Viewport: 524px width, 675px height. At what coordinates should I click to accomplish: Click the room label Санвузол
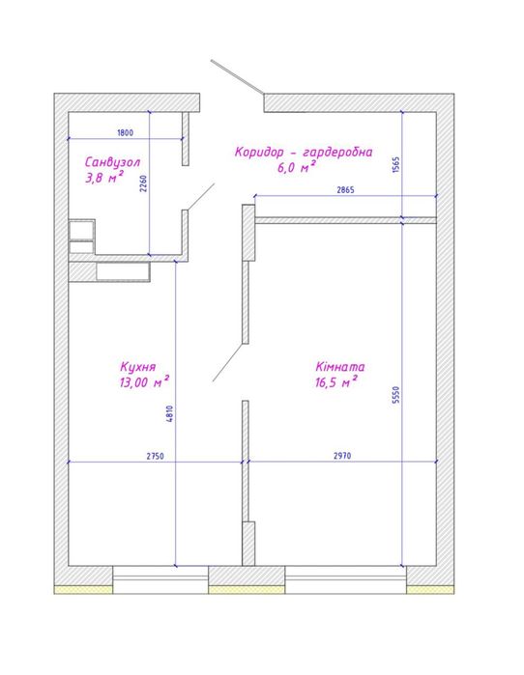tap(112, 162)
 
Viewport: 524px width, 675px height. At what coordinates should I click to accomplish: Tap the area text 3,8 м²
tap(104, 177)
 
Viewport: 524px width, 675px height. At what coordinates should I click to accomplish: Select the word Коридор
tap(259, 152)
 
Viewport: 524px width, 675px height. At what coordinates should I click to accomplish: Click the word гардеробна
tap(337, 152)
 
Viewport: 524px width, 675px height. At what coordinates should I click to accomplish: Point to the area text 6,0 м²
tap(297, 167)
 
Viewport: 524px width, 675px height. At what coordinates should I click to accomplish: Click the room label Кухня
tap(138, 367)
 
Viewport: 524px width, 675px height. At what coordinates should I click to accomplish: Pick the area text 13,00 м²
tap(144, 381)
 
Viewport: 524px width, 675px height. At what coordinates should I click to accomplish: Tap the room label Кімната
tap(340, 366)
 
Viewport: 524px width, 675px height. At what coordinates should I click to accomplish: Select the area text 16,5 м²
tap(336, 381)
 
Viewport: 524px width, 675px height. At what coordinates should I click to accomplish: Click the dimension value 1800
tap(125, 132)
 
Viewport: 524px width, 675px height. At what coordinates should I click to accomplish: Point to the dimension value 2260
tap(144, 183)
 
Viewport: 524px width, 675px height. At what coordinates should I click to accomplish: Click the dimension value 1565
tap(396, 165)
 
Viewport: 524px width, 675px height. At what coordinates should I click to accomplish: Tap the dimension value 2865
tap(345, 190)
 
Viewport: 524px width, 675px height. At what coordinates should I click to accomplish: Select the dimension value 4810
tap(169, 413)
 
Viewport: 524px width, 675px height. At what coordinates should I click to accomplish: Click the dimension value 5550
tap(396, 394)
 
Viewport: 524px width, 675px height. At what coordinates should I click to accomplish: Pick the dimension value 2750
tap(155, 456)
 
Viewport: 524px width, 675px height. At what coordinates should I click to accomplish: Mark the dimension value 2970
tap(342, 456)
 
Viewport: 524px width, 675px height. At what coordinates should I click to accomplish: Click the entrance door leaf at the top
tap(237, 76)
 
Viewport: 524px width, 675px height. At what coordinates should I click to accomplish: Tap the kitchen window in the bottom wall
tap(160, 579)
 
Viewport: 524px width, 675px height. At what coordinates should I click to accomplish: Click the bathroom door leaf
tap(201, 197)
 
